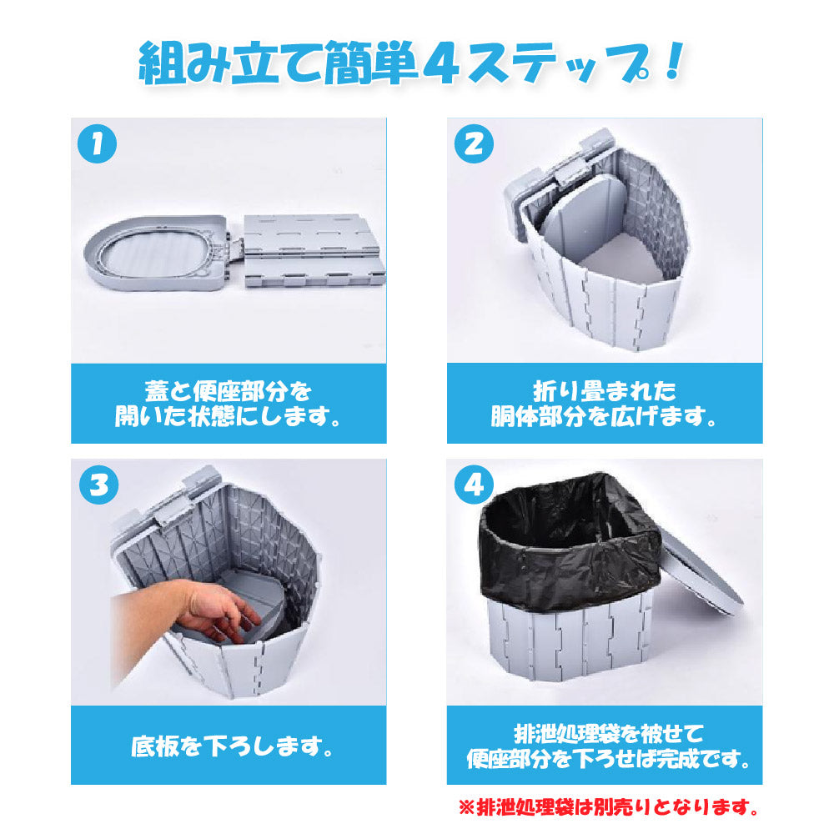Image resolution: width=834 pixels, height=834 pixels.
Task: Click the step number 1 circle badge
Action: pos(96,145)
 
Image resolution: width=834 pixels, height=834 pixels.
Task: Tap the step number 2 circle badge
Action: pos(473,145)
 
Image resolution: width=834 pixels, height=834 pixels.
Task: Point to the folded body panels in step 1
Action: pos(314,249)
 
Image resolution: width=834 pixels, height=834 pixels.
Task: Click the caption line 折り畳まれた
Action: pos(605,391)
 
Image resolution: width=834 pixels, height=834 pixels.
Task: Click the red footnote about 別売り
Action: pos(609,807)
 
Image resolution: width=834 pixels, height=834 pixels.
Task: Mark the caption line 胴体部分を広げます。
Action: pos(605,416)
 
